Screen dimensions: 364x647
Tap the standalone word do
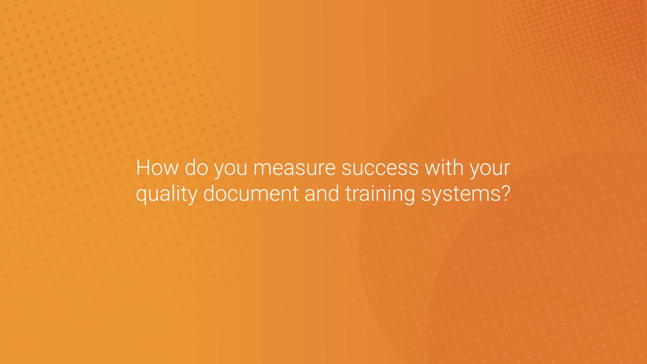[196, 167]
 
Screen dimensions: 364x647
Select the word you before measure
[230, 169]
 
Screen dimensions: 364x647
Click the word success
[380, 168]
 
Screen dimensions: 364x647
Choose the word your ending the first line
[490, 169]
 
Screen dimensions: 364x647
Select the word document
[251, 194]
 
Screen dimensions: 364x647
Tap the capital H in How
[143, 167]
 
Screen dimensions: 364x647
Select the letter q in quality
[142, 196]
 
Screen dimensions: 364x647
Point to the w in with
[431, 169]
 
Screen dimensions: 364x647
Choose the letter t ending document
[296, 194]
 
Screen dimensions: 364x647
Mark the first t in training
[348, 194]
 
